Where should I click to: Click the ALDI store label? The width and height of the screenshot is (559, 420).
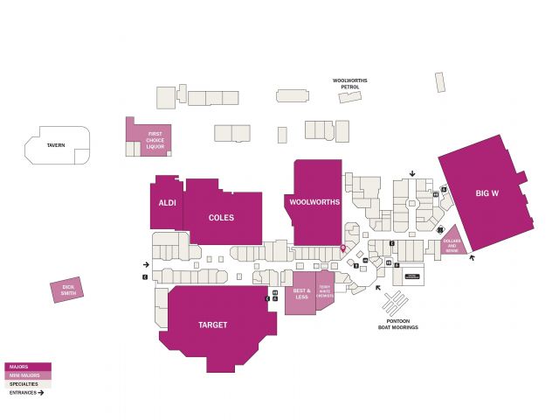coord(167,203)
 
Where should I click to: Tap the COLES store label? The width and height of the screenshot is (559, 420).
coord(222,217)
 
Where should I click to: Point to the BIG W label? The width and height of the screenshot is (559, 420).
coord(487,192)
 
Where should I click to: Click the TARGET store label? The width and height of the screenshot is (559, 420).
coord(212,325)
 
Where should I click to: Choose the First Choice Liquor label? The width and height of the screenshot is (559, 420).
coord(155,140)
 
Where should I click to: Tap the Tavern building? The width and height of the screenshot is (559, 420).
coord(58,146)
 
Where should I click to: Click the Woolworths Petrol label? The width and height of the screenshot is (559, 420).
coord(350,84)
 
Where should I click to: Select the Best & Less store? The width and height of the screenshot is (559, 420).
coord(301,293)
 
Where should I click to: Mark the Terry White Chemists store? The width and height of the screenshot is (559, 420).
coord(325,292)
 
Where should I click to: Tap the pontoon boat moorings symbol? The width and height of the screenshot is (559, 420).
coord(395,304)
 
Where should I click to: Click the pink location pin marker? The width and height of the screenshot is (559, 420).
coord(342,249)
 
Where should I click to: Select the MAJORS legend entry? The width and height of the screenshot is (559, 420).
coord(28,367)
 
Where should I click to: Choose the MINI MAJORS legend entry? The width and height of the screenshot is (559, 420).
coord(28,375)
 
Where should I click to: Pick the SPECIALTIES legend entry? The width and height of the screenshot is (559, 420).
coord(28,384)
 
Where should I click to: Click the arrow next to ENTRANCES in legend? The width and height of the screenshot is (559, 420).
coord(40,393)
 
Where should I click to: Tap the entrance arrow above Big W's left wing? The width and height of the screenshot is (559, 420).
coord(412,172)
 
